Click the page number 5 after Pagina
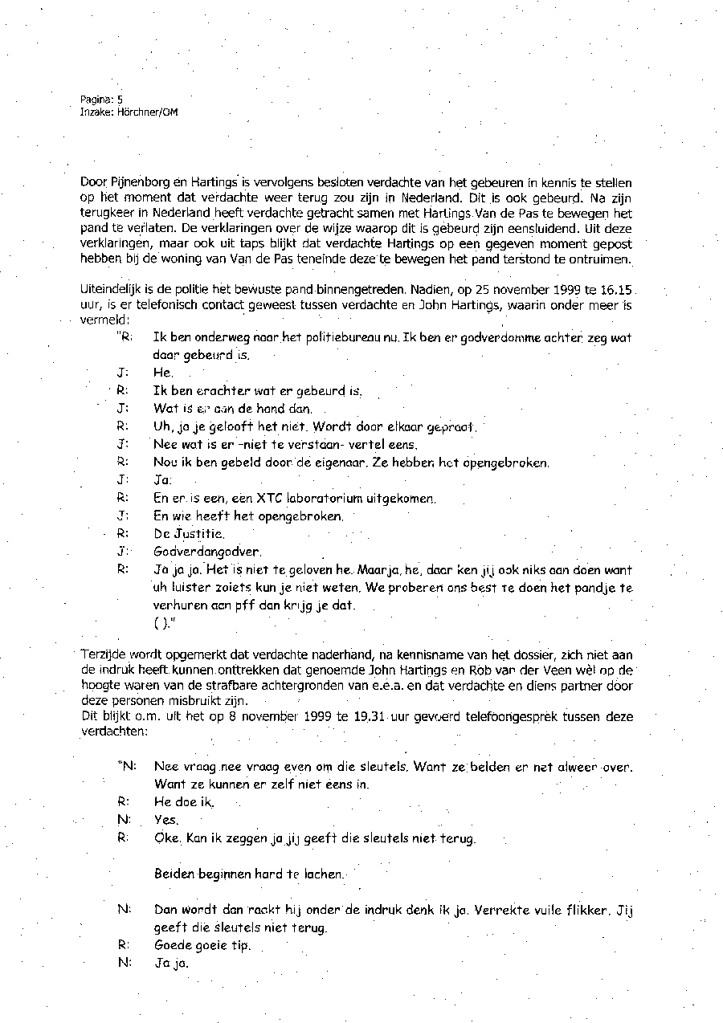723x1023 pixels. coord(119,100)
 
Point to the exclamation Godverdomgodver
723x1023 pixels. coord(196,552)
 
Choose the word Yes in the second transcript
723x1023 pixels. coord(165,820)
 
